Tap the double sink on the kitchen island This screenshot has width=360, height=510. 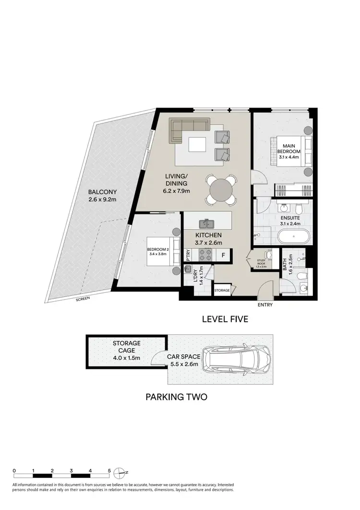(x=208, y=223)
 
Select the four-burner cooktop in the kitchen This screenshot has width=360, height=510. (x=206, y=254)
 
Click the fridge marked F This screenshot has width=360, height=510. (x=224, y=254)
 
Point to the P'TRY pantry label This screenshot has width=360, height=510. (x=188, y=254)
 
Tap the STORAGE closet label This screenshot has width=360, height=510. (x=222, y=291)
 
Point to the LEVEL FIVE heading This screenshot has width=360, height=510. (x=225, y=319)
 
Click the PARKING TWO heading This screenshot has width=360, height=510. (x=176, y=397)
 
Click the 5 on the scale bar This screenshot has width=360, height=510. (x=109, y=471)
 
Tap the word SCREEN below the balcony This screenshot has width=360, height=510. (x=83, y=298)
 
